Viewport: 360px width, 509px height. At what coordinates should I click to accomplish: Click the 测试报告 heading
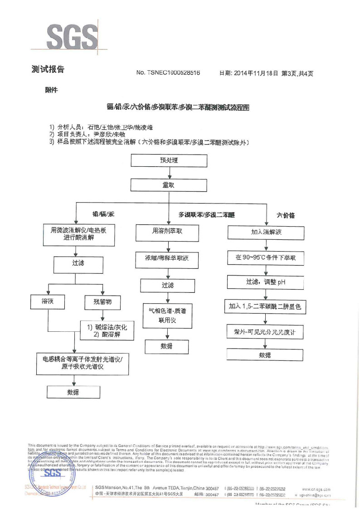48,69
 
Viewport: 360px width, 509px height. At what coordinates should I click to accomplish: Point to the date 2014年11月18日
257,73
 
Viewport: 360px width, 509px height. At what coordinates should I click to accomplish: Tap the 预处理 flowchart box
169,160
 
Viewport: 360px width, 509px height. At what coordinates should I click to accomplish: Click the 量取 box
169,185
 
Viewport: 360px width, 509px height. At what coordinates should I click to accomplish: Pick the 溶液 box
48,301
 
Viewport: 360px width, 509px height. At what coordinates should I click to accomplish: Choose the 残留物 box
103,301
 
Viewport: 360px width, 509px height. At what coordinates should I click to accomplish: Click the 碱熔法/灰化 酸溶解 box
107,330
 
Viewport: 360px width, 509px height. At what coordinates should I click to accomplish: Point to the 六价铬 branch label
286,215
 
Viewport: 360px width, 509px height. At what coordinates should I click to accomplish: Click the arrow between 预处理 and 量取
169,173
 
